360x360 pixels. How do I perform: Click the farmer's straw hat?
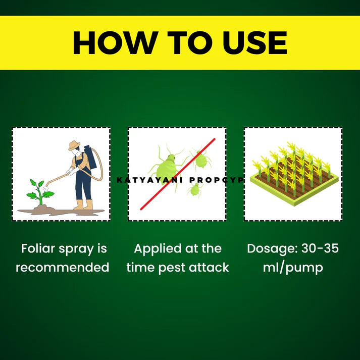click(x=74, y=145)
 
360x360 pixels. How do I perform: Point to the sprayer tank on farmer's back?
click(x=90, y=157)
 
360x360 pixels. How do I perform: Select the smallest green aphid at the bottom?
click(x=195, y=189)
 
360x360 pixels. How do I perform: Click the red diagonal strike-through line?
click(x=178, y=174)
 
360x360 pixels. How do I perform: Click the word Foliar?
click(x=38, y=248)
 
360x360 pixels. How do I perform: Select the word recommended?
click(x=63, y=268)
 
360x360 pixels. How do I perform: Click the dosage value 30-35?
click(x=320, y=248)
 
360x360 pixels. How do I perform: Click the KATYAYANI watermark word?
click(x=149, y=180)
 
